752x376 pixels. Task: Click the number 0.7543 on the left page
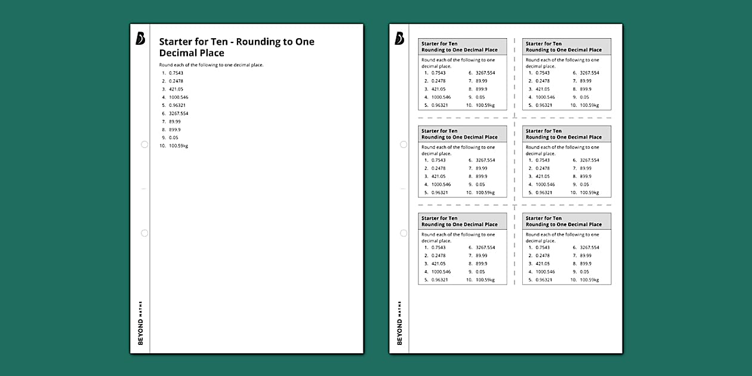point(176,73)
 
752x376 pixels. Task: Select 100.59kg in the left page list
point(178,146)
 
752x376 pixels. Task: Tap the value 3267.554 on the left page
point(178,113)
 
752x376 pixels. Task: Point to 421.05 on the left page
point(176,89)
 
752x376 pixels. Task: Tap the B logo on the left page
point(140,39)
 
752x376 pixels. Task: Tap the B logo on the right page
point(399,39)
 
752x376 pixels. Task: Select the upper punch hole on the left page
point(144,144)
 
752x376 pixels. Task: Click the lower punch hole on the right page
point(403,233)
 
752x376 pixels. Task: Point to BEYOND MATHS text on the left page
point(140,323)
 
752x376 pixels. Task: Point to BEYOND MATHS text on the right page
point(399,323)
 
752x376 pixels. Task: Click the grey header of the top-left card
point(463,47)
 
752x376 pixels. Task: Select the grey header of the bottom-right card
point(566,221)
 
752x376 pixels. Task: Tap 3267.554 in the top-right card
point(590,73)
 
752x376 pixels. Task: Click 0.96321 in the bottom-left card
point(439,280)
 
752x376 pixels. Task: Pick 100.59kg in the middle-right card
point(590,193)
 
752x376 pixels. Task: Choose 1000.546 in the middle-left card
point(441,184)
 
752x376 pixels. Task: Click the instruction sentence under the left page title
point(211,64)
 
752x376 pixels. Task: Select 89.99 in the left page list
point(175,121)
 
